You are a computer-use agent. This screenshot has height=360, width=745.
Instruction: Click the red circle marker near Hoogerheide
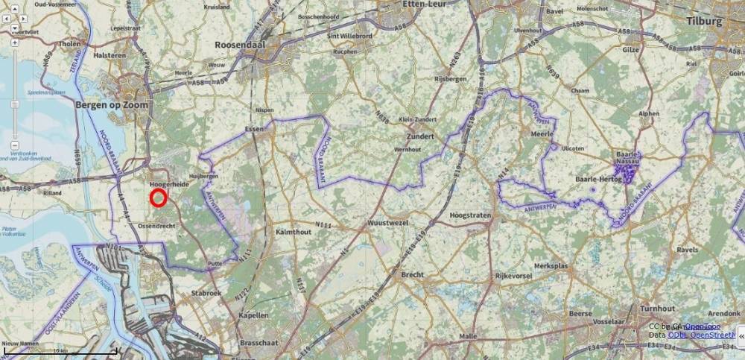158,198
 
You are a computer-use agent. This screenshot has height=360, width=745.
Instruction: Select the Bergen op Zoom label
112,105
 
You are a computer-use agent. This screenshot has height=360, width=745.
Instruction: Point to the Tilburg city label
706,22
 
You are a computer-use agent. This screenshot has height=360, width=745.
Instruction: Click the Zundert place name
421,137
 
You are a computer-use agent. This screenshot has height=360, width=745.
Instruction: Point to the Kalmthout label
293,233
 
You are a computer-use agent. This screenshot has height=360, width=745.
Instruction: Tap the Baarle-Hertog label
600,180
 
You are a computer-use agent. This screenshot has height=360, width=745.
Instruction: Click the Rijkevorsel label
516,275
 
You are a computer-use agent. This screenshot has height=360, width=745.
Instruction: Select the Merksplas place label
552,265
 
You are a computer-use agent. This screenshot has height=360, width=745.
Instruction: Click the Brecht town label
412,274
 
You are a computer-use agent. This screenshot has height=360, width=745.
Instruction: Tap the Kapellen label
254,315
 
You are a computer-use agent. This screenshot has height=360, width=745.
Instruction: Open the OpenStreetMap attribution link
701,335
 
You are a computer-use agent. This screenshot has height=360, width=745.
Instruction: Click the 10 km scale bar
60,350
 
